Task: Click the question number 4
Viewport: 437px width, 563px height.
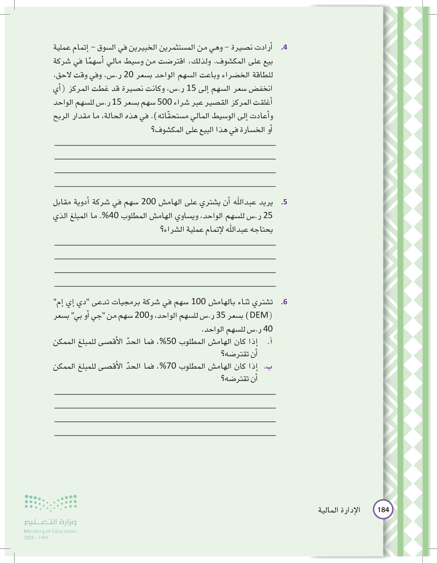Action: [284, 47]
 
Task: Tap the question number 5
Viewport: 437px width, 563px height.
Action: [284, 202]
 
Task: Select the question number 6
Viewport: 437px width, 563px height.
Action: [284, 302]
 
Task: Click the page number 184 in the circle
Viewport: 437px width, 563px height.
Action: [383, 510]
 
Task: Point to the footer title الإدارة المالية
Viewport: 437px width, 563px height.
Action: [339, 510]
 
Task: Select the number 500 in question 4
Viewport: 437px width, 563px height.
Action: [164, 102]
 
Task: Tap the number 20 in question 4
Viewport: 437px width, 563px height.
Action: [128, 75]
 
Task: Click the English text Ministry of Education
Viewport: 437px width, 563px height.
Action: [50, 531]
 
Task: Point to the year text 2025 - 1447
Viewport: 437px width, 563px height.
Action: [36, 538]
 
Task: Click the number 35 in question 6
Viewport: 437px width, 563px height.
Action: [220, 315]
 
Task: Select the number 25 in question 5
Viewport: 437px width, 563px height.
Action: [268, 216]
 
